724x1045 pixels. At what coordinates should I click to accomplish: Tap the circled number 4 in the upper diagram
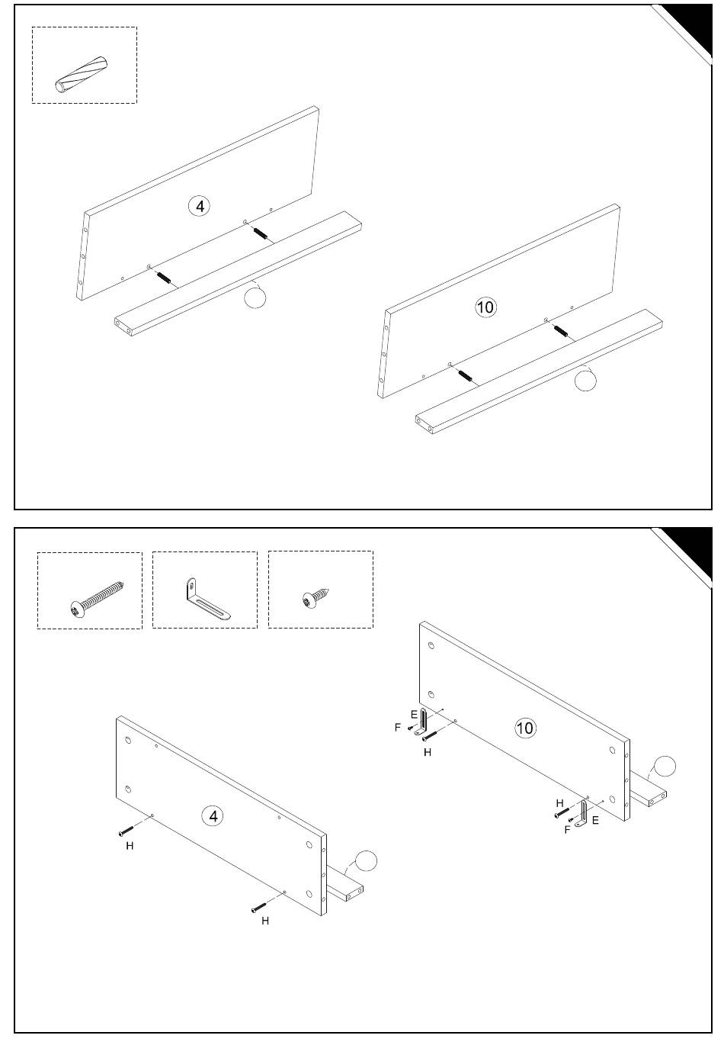point(200,206)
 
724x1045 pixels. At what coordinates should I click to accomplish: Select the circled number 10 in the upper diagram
point(485,307)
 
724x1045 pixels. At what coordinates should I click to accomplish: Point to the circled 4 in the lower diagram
point(213,816)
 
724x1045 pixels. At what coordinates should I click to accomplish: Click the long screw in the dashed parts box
point(97,599)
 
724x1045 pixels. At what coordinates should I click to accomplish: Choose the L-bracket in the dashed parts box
point(206,600)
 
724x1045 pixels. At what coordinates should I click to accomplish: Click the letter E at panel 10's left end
point(414,714)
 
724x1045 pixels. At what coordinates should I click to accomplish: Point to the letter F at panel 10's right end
point(567,829)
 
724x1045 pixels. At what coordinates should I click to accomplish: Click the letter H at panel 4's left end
point(130,845)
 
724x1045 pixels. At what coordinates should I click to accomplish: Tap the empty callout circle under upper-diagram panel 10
point(585,380)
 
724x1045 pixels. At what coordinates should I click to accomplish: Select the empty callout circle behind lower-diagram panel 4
point(366,860)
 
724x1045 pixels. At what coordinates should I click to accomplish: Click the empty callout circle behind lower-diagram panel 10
point(665,766)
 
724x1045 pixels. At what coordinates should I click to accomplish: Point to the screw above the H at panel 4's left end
point(126,831)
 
